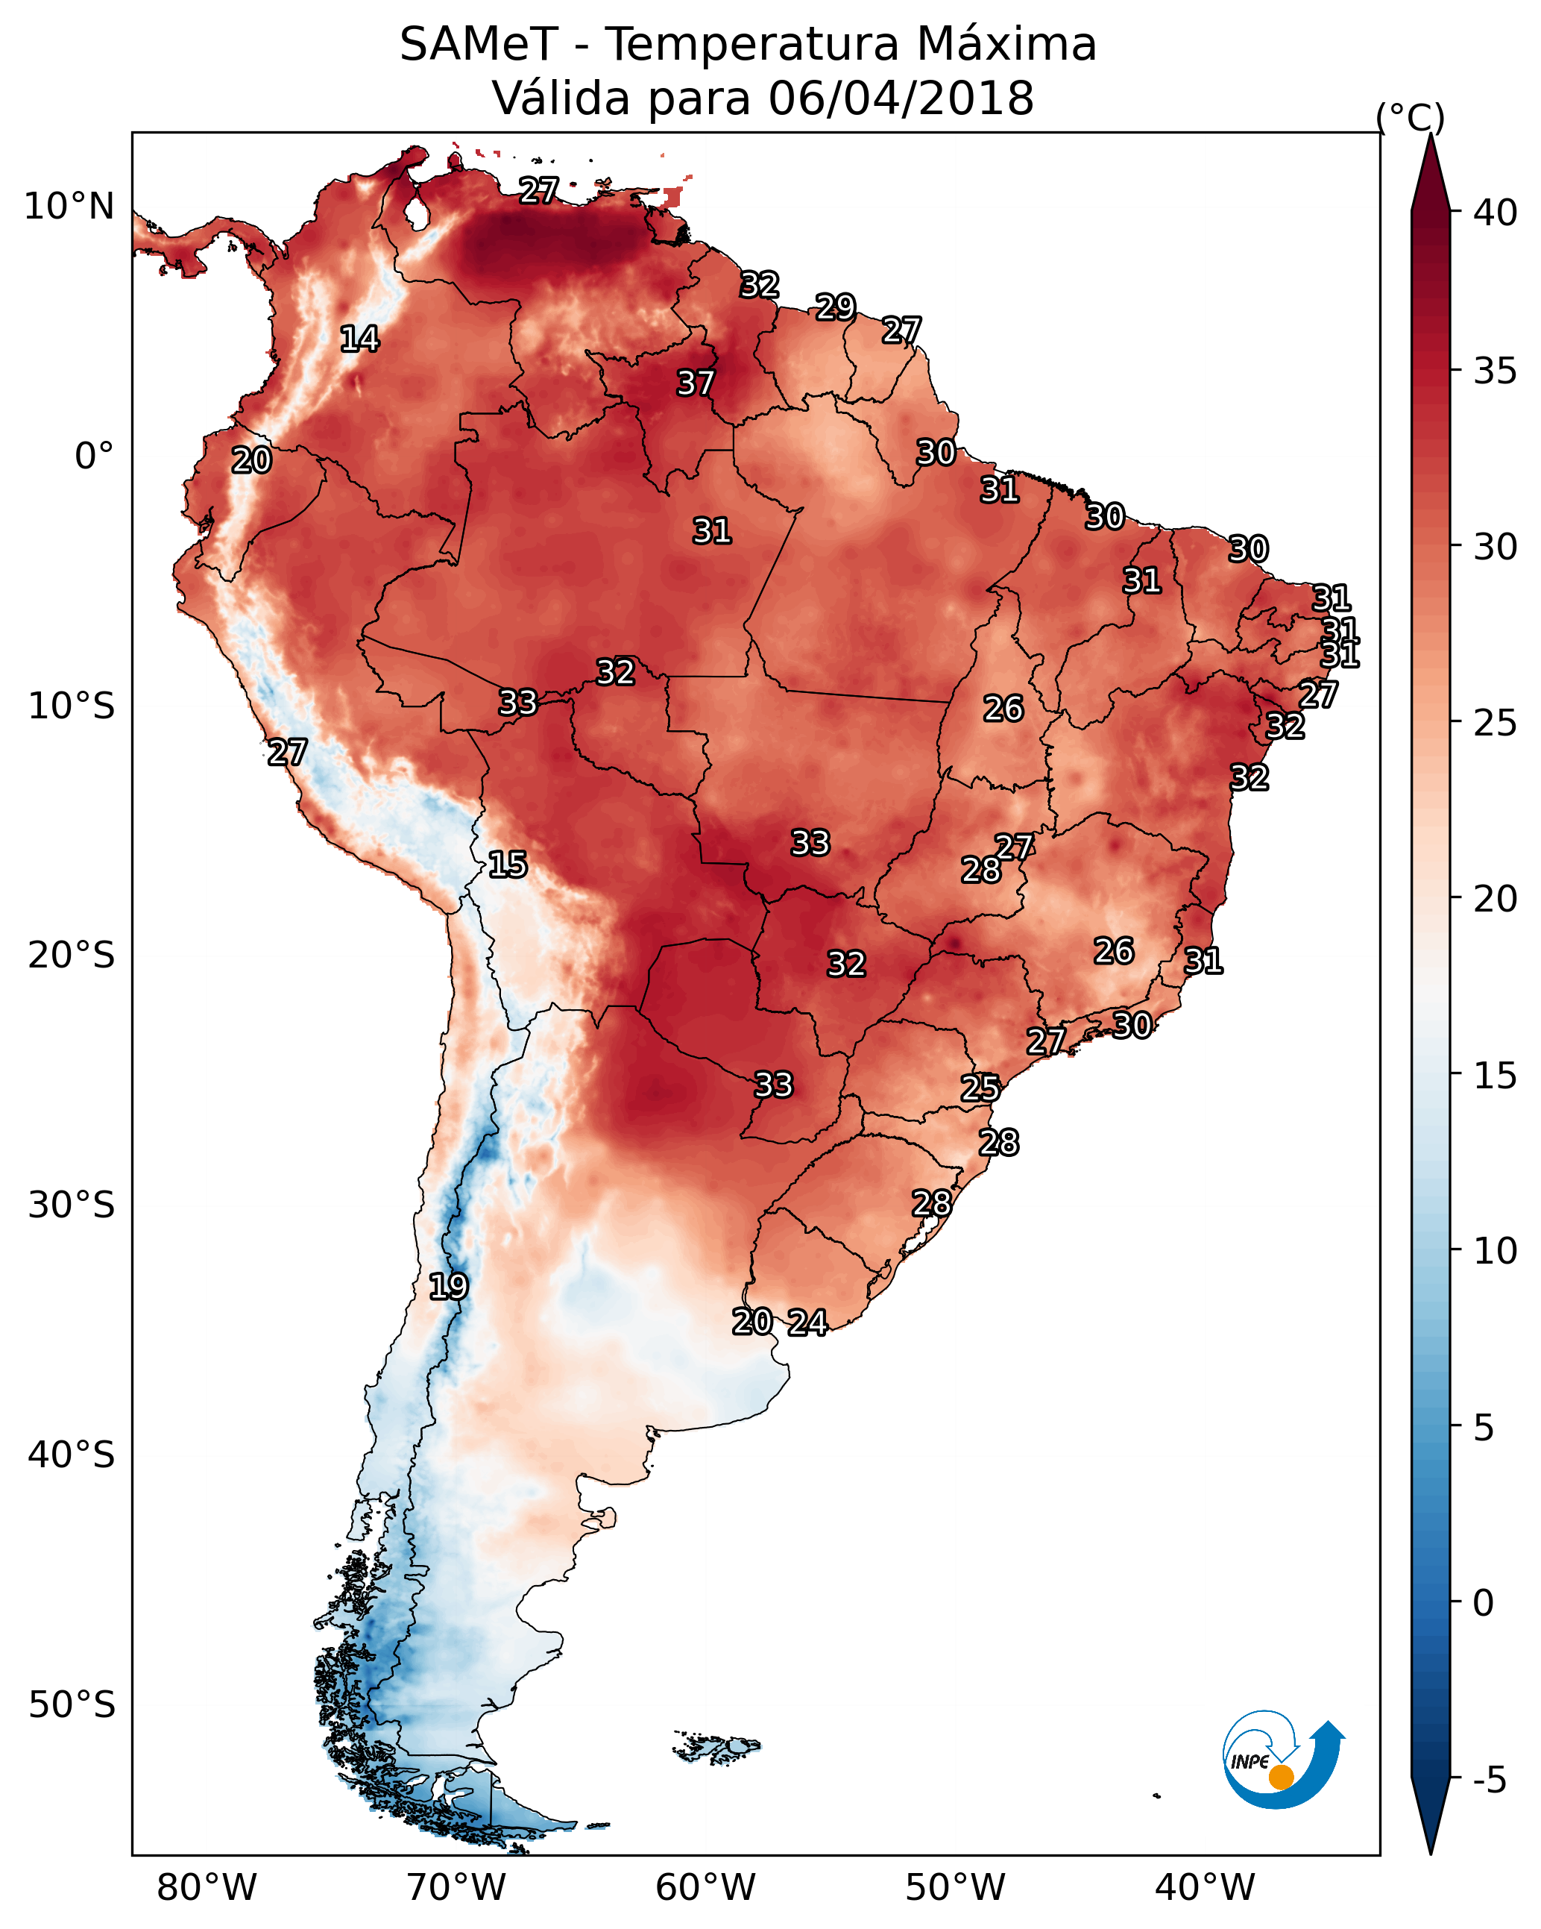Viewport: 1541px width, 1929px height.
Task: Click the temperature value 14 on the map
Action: [359, 339]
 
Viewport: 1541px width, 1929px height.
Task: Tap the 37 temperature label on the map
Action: [695, 383]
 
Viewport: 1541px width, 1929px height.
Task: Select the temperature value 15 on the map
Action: [507, 865]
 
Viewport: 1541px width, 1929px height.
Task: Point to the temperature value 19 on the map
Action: [448, 1287]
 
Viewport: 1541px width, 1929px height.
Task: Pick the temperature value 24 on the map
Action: [807, 1323]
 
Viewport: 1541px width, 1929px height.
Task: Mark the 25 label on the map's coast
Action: [980, 1088]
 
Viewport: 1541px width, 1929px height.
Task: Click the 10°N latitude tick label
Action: [69, 207]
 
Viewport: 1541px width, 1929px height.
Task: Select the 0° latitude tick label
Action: [95, 457]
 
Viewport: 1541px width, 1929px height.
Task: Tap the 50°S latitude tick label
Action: [72, 1705]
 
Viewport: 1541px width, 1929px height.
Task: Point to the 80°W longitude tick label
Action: [207, 1888]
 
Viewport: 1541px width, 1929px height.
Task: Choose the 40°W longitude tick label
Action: [1205, 1888]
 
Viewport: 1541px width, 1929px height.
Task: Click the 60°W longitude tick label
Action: [706, 1888]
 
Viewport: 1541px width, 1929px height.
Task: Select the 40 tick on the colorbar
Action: [1496, 213]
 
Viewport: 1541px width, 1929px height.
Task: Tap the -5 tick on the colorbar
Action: [1490, 1781]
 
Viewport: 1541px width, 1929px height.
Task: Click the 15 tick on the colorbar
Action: [1496, 1076]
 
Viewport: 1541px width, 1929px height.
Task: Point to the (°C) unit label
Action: [1411, 117]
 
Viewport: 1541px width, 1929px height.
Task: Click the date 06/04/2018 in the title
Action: [901, 98]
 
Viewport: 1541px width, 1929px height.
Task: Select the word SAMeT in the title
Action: [479, 45]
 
